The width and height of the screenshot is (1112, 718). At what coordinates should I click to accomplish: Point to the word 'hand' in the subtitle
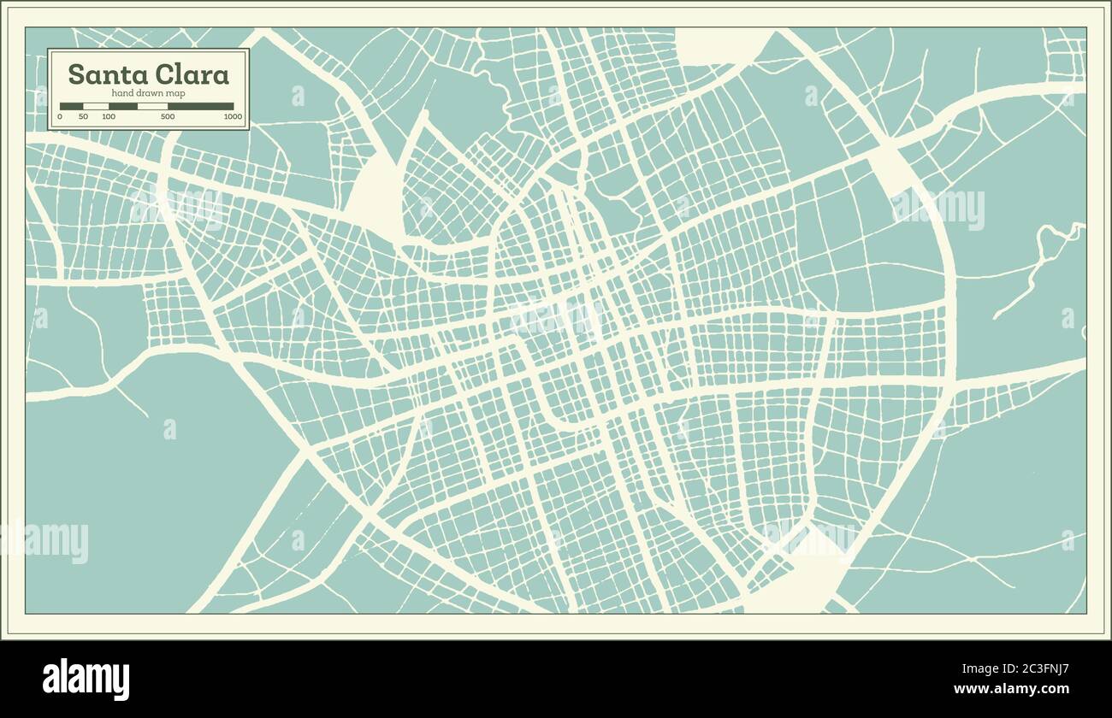(x=122, y=93)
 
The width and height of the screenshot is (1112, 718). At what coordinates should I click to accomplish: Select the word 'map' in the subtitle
(x=176, y=93)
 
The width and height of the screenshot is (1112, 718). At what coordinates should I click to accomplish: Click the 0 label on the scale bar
(x=60, y=116)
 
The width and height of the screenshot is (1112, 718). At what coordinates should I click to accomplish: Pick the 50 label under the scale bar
(x=83, y=116)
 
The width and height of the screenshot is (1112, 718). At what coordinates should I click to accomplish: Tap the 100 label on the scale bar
(x=109, y=116)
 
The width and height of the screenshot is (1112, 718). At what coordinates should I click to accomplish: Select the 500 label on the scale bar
(x=168, y=116)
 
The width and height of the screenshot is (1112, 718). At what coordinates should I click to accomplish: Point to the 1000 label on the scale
(x=233, y=116)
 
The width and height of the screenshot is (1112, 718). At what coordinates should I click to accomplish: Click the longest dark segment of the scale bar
(x=200, y=107)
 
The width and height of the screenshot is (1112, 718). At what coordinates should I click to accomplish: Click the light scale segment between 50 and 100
(x=96, y=107)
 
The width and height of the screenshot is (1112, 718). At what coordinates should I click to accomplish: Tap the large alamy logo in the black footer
(x=86, y=680)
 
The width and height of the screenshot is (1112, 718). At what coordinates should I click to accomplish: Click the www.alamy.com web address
(x=1011, y=689)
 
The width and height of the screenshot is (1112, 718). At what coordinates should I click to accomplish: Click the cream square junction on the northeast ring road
(x=891, y=168)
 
